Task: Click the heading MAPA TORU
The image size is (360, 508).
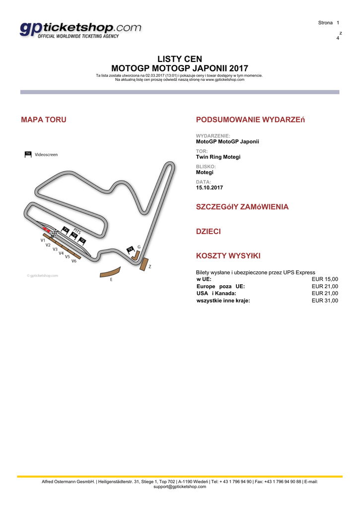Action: (44, 120)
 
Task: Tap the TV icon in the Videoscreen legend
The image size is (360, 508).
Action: (28, 154)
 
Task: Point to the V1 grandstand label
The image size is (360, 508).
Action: (43, 240)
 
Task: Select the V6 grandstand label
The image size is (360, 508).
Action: (74, 260)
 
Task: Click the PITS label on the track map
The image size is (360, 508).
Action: (77, 231)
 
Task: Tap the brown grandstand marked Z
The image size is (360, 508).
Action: (144, 264)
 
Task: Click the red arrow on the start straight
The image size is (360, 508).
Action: (46, 229)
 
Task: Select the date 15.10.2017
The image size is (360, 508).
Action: (210, 188)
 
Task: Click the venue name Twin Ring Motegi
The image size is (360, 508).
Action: (218, 157)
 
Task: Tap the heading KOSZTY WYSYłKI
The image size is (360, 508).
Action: (228, 256)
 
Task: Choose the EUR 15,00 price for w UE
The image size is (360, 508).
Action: (325, 279)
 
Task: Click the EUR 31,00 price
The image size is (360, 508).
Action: (325, 301)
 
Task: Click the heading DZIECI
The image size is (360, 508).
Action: (209, 232)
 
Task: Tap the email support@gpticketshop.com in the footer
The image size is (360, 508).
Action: (180, 487)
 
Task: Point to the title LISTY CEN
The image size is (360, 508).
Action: (180, 59)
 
